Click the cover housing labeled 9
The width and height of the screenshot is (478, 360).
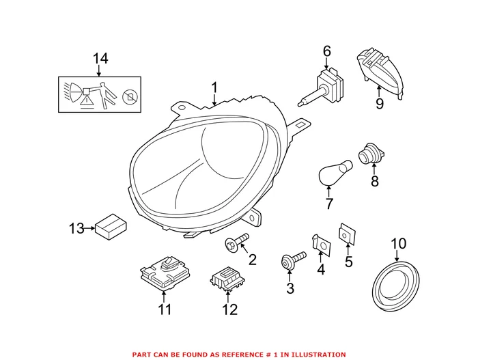(x=382, y=71)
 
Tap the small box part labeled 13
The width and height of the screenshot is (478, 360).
(x=110, y=226)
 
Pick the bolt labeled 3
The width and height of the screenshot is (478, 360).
(x=292, y=262)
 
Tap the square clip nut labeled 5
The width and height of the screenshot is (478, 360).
(x=348, y=234)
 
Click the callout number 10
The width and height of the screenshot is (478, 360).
(x=397, y=243)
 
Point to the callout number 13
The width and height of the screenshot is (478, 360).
(x=77, y=227)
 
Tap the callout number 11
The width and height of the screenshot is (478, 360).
(x=164, y=310)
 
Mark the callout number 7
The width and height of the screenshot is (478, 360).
(x=329, y=204)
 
